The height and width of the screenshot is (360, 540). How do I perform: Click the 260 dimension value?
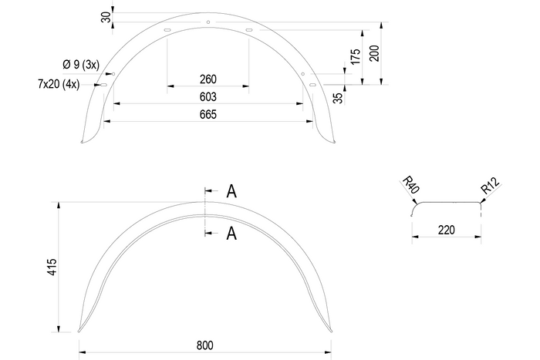[207, 79]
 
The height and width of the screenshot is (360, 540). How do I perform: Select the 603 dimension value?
[207, 97]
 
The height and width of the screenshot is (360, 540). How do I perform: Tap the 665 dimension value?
[207, 115]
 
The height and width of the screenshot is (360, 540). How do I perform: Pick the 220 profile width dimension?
[447, 229]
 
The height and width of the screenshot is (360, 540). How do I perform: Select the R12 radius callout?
[490, 186]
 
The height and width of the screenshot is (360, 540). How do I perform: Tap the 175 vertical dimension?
[356, 56]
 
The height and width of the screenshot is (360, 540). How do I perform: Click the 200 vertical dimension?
[376, 54]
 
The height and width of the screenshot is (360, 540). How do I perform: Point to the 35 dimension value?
[338, 97]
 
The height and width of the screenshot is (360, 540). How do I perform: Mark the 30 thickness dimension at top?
[105, 17]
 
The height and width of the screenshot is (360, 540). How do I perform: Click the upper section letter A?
[231, 192]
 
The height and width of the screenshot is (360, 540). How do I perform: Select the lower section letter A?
[231, 234]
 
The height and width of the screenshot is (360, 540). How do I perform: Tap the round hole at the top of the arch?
[208, 22]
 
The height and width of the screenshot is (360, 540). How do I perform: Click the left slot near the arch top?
[167, 31]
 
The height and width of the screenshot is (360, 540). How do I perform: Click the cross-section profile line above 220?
[447, 201]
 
